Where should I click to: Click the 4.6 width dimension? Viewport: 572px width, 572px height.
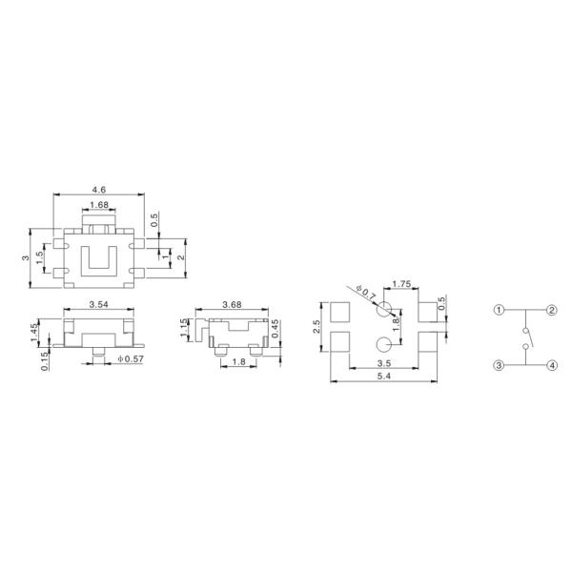pyautogui.click(x=99, y=190)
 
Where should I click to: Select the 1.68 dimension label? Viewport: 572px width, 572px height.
pyautogui.click(x=99, y=205)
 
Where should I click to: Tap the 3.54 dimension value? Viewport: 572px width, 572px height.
pyautogui.click(x=99, y=304)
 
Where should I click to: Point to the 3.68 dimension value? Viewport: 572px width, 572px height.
pyautogui.click(x=232, y=304)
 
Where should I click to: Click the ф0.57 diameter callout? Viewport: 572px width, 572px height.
pyautogui.click(x=131, y=359)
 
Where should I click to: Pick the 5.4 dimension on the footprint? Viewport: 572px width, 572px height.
pyautogui.click(x=384, y=376)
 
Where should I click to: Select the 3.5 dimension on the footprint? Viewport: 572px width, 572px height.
pyautogui.click(x=384, y=363)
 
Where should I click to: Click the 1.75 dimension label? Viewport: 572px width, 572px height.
pyautogui.click(x=401, y=283)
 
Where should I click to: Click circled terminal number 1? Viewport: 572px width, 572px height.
pyautogui.click(x=499, y=311)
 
